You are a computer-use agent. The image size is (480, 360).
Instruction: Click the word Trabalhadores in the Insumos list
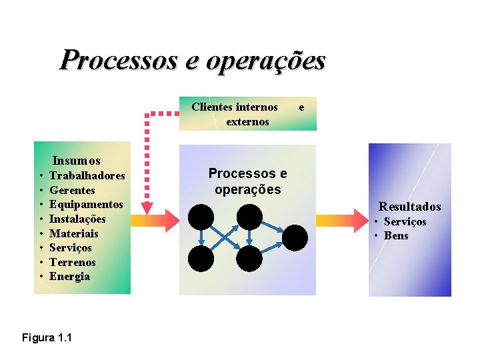coord(87,176)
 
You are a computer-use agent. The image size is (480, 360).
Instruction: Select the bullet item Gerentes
coord(72,191)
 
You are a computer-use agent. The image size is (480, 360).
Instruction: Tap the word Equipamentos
coord(86,205)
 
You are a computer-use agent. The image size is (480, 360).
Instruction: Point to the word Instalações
coord(77,219)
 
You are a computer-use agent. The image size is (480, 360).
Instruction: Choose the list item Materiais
coord(73,233)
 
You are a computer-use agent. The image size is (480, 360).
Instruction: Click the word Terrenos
coord(73,262)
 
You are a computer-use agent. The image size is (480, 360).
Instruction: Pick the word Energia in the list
coord(70,276)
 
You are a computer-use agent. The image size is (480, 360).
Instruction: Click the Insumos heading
coord(76,161)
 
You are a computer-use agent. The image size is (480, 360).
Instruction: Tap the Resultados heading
coord(410,207)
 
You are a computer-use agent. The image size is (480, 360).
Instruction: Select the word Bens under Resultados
coord(396,236)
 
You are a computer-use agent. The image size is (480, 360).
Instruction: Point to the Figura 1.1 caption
coord(47,338)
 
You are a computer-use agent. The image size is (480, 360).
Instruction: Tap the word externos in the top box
coord(247,121)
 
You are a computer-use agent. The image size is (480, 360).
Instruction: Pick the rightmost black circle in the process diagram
coord(295,237)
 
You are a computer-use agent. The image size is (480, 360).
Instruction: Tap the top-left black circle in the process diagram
coord(201,217)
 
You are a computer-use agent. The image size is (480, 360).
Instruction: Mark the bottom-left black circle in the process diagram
coord(201,259)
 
